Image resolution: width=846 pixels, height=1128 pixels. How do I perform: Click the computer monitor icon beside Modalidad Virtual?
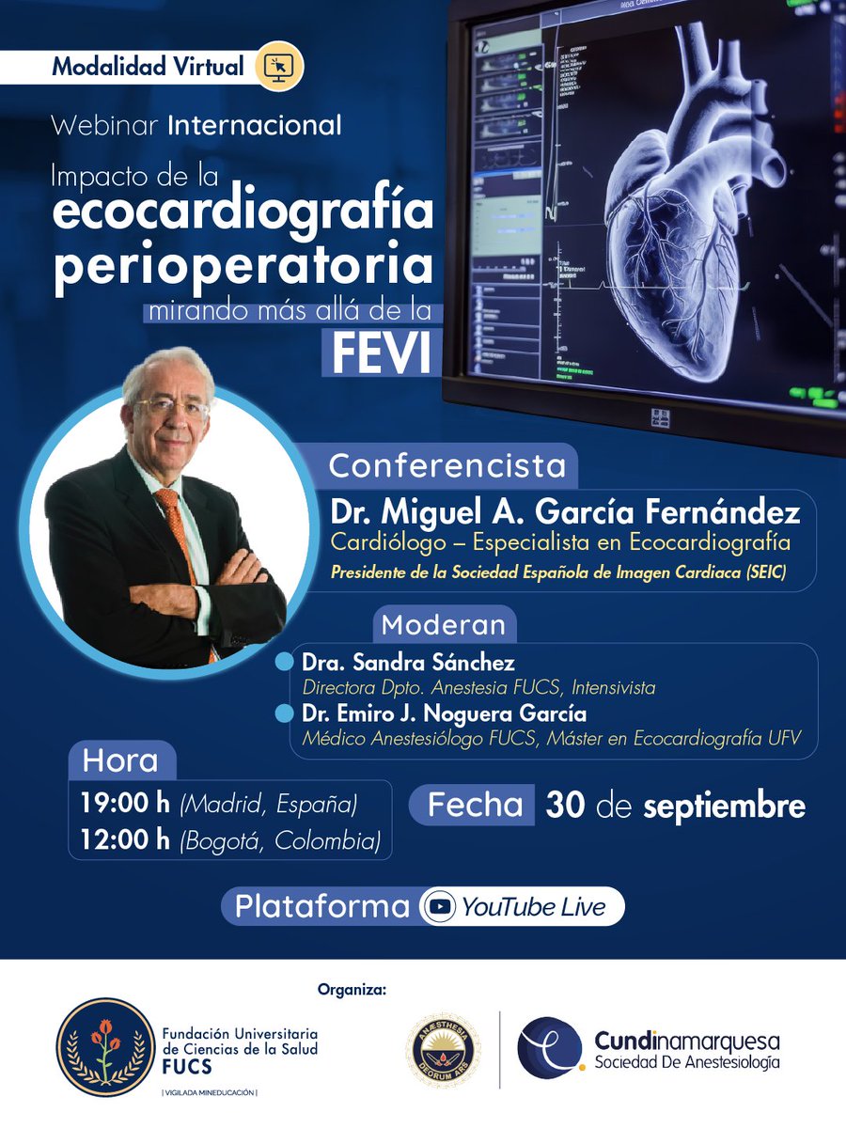pyautogui.click(x=279, y=67)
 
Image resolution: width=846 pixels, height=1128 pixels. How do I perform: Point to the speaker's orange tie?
pyautogui.click(x=176, y=527)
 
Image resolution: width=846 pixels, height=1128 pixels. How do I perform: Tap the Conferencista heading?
pyautogui.click(x=446, y=465)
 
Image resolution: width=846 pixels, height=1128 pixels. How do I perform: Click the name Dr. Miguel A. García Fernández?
pyautogui.click(x=564, y=513)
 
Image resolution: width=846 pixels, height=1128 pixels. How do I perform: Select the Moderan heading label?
pyautogui.click(x=443, y=624)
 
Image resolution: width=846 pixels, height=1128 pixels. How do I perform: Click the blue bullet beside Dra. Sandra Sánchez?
pyautogui.click(x=284, y=663)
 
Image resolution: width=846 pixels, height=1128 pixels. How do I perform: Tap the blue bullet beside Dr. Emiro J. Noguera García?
pyautogui.click(x=284, y=714)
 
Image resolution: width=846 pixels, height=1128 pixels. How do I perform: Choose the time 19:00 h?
pyautogui.click(x=126, y=804)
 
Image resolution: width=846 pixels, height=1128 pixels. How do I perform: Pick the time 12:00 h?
pyautogui.click(x=126, y=838)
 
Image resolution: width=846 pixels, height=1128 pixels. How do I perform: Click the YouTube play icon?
pyautogui.click(x=439, y=907)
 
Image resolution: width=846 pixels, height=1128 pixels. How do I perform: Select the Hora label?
pyautogui.click(x=120, y=760)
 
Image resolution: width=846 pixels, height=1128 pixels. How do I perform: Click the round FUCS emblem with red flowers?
pyautogui.click(x=105, y=1047)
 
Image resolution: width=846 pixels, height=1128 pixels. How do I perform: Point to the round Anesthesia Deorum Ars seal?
pyautogui.click(x=442, y=1050)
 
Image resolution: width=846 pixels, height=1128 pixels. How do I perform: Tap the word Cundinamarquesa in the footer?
pyautogui.click(x=686, y=1042)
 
